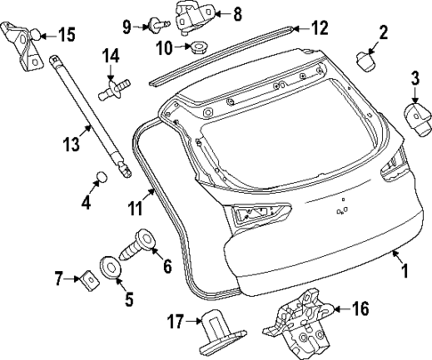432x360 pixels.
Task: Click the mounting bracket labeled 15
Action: [x=24, y=44]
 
